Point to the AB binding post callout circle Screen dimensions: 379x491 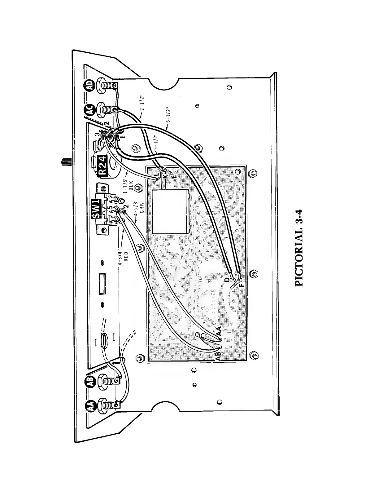[x=89, y=381]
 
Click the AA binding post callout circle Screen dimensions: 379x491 [x=89, y=406]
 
